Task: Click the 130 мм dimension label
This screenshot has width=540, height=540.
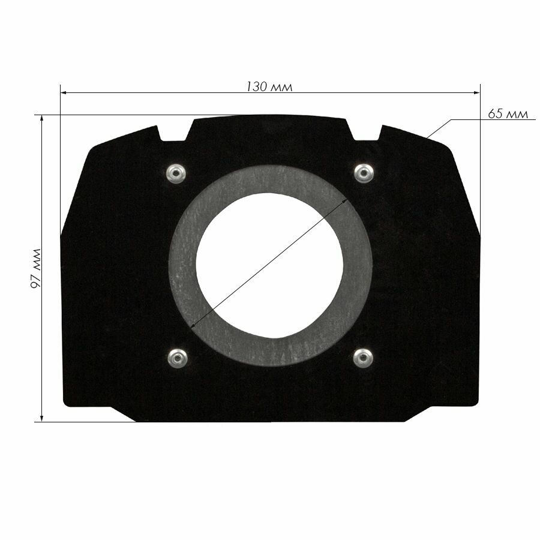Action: (269, 87)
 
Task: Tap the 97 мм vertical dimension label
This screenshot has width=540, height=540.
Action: (36, 268)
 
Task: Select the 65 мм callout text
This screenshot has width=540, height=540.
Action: (508, 113)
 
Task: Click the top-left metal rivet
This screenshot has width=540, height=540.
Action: (176, 173)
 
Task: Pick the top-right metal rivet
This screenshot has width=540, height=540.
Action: (364, 173)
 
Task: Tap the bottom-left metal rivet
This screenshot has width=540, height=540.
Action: (178, 358)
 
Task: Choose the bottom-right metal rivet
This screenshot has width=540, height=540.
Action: (363, 358)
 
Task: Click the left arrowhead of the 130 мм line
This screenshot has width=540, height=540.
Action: (64, 92)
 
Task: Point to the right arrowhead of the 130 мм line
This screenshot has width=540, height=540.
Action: (476, 92)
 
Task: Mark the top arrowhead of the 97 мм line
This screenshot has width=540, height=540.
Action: (41, 118)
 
